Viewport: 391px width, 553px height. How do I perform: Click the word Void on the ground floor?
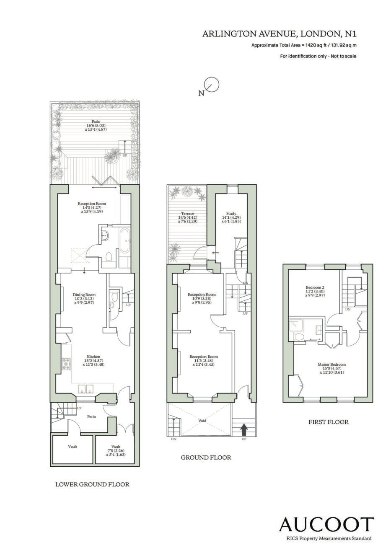pos(202,421)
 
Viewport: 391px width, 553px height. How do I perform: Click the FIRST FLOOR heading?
pos(329,422)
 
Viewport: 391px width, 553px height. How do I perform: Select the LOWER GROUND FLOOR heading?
pos(92,484)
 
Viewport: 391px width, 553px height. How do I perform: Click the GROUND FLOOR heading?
pos(206,457)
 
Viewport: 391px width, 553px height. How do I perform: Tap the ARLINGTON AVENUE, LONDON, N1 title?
pos(280,34)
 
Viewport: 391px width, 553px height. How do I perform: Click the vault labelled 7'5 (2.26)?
pos(116,450)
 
